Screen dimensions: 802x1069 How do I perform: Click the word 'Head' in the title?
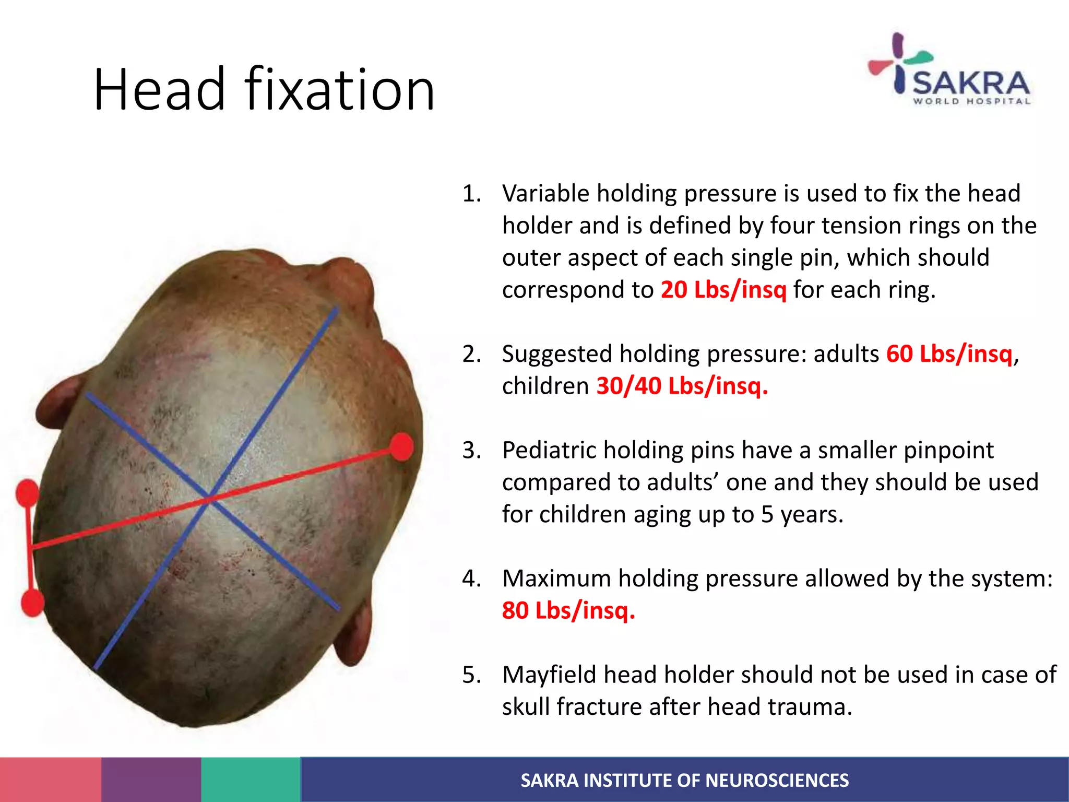point(159,90)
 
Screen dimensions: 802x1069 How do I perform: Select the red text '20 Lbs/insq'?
point(723,290)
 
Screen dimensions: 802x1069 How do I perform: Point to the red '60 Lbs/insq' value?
point(949,354)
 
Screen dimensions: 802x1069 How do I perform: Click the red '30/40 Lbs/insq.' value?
point(682,386)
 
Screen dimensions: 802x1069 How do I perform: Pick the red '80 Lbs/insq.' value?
point(568,610)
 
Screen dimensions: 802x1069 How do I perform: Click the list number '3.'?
point(471,451)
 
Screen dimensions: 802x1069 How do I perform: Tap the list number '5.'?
point(471,675)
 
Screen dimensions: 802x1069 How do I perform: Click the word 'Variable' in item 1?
point(545,194)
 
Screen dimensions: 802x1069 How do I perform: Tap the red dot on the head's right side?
point(402,447)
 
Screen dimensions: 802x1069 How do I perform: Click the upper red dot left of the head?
point(27,493)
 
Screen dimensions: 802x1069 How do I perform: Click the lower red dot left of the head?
point(32,603)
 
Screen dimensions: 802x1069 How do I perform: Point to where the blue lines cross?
point(209,497)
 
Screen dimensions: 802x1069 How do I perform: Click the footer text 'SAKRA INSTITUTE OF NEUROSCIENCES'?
point(684,780)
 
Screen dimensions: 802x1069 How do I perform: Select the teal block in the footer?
point(251,780)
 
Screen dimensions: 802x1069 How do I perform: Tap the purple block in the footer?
point(151,780)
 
